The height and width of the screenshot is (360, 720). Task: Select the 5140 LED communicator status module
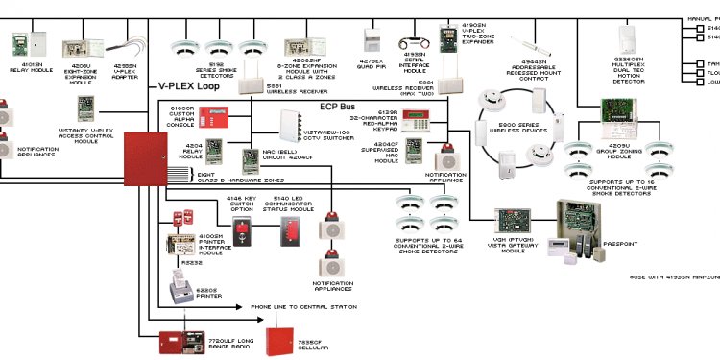tap(289, 231)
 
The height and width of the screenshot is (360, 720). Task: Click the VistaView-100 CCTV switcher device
tap(290, 124)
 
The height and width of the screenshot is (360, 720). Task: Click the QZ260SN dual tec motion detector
tap(628, 37)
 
